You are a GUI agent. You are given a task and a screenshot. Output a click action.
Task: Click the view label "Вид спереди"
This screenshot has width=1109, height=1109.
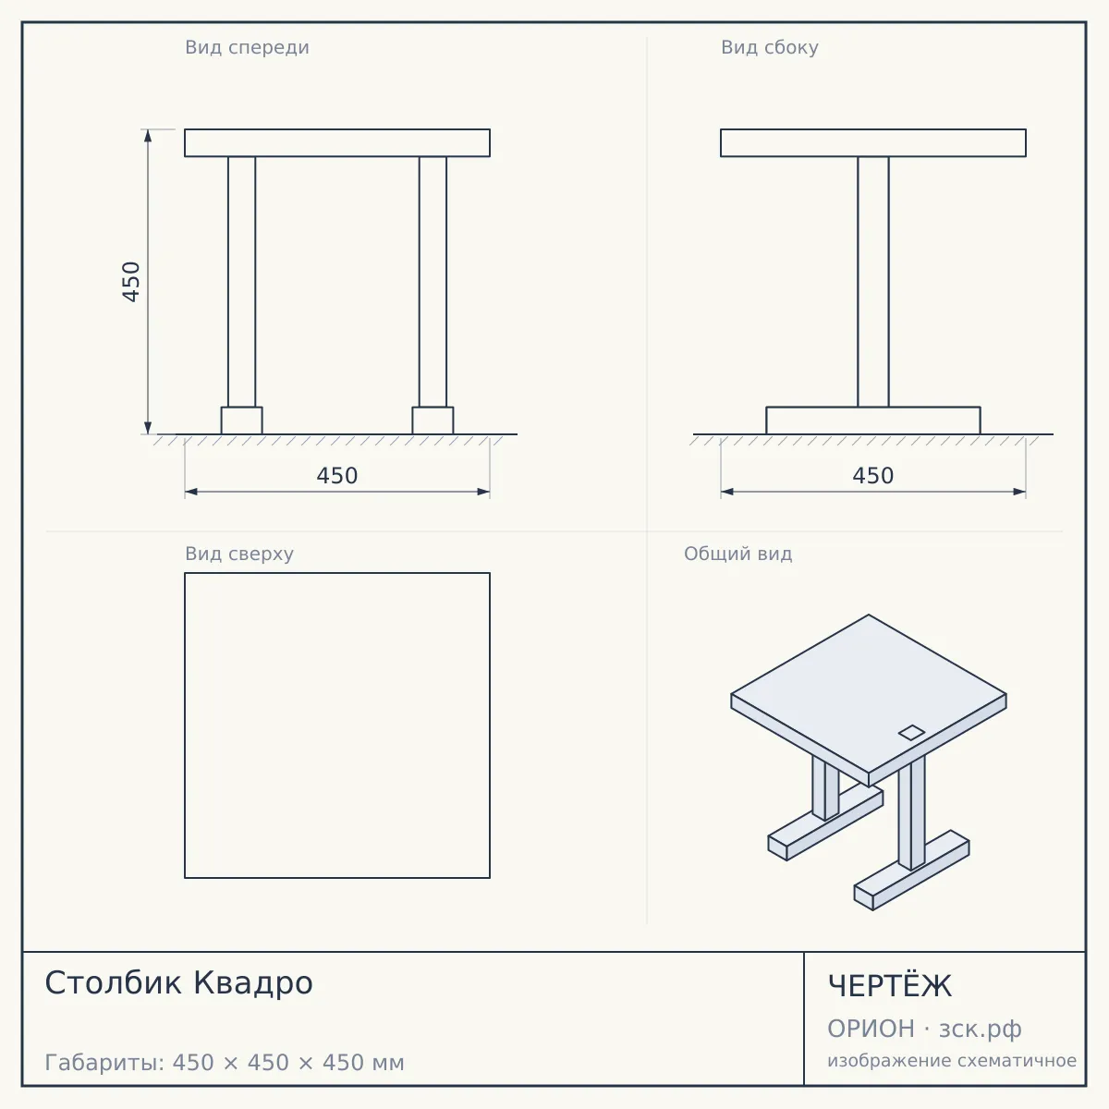[247, 47]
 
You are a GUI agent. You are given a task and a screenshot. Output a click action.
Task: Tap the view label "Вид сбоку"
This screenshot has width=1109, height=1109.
[770, 47]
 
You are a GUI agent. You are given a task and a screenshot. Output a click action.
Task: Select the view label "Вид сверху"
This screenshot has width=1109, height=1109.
[239, 554]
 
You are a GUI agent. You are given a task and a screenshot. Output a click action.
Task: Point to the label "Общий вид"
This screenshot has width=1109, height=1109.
[737, 554]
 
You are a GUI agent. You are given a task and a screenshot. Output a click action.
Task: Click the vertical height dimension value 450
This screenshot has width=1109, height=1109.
[131, 282]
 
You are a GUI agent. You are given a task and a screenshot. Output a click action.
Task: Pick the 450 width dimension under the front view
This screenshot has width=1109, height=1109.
[337, 476]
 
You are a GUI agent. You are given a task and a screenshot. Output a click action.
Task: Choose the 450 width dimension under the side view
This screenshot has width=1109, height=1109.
[873, 476]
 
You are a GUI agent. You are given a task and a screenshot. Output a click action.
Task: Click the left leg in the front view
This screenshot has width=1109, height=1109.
[242, 282]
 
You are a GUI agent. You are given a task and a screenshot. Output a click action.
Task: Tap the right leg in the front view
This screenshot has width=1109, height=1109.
[433, 282]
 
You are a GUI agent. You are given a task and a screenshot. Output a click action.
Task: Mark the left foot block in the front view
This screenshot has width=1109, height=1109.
[242, 420]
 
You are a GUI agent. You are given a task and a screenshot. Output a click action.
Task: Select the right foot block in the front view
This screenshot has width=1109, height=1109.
[433, 420]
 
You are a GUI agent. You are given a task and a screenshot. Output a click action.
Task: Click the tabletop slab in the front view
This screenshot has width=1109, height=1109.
[337, 142]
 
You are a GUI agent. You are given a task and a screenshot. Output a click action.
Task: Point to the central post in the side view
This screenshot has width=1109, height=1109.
[873, 282]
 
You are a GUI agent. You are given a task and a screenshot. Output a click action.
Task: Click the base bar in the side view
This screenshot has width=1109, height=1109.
[873, 420]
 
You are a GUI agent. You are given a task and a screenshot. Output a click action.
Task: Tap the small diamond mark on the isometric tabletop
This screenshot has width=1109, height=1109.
[911, 733]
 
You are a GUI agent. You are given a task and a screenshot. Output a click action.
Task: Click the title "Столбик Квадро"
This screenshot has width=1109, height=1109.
[179, 983]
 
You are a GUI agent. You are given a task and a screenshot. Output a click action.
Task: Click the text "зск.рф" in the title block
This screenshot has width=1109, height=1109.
[981, 1029]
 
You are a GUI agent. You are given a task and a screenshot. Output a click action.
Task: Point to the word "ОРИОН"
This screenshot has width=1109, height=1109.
[871, 1029]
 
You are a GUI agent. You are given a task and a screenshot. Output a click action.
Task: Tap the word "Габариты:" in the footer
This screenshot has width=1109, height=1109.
[105, 1063]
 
